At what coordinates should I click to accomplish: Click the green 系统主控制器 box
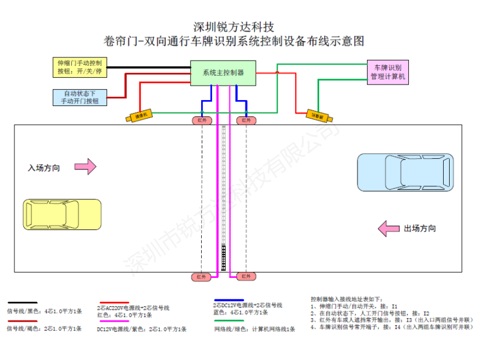coord(223,72)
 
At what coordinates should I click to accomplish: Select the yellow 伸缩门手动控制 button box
coord(80,66)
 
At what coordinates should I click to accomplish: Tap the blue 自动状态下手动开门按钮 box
coord(80,98)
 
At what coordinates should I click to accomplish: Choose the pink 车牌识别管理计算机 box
coord(388,72)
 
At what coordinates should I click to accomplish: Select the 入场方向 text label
coord(44,168)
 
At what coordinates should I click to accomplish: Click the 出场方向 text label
coord(420,229)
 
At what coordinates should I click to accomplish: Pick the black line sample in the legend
coord(22,303)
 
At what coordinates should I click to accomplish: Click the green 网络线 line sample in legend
coord(228,321)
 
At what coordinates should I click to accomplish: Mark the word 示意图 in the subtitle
coord(348,41)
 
